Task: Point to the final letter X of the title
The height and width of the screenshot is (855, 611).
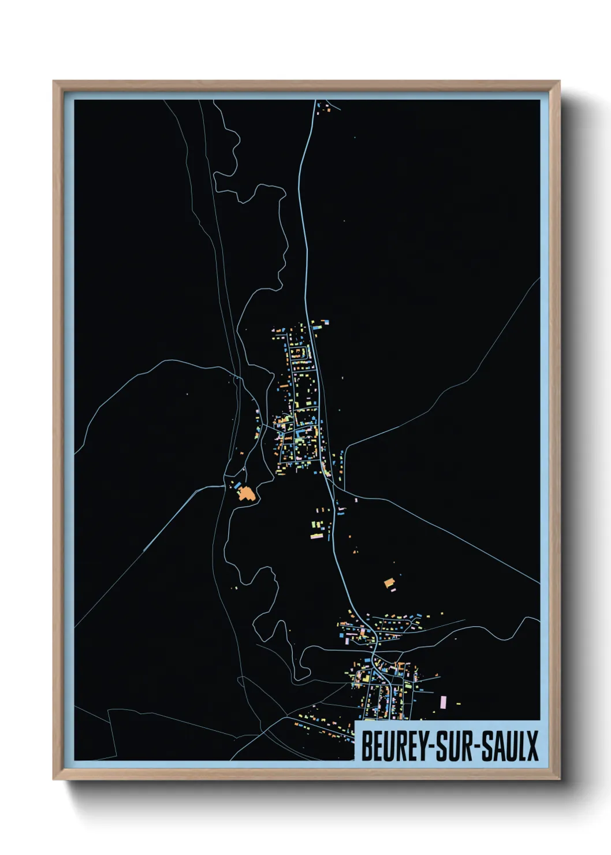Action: tap(532, 746)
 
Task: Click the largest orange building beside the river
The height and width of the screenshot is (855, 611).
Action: tap(247, 493)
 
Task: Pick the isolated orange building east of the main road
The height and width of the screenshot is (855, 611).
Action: tap(389, 583)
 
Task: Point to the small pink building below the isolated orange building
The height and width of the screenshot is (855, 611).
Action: tap(393, 590)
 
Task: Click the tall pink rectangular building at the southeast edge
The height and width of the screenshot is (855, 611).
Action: tap(443, 702)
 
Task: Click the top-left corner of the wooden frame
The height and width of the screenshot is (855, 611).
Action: tap(54, 81)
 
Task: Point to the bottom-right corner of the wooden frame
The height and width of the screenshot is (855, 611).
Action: tap(559, 779)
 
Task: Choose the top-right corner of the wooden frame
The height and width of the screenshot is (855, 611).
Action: tap(559, 81)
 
